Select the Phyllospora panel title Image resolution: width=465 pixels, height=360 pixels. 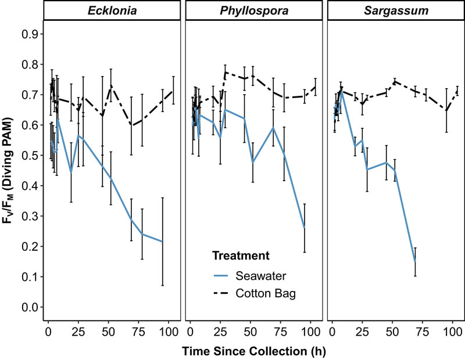[x=253, y=10]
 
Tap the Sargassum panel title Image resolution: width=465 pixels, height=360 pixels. [x=395, y=10]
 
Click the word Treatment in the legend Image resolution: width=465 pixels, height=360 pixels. [x=240, y=255]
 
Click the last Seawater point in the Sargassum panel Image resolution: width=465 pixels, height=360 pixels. [x=415, y=262]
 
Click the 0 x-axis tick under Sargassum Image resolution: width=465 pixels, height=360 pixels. [x=331, y=332]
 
